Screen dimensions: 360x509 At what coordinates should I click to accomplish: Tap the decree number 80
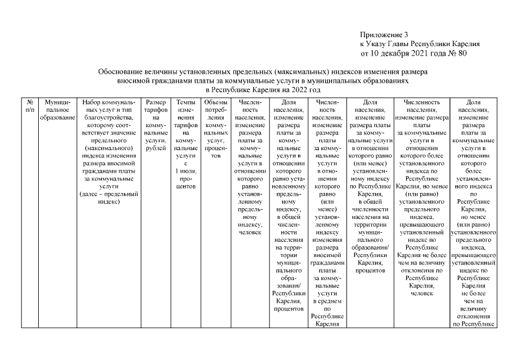(460, 53)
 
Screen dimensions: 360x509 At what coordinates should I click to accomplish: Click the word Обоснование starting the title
(120, 73)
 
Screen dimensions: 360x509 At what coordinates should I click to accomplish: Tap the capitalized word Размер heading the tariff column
(156, 103)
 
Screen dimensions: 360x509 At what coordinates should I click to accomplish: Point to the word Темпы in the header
(186, 103)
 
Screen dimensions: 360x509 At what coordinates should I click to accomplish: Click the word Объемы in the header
(215, 103)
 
